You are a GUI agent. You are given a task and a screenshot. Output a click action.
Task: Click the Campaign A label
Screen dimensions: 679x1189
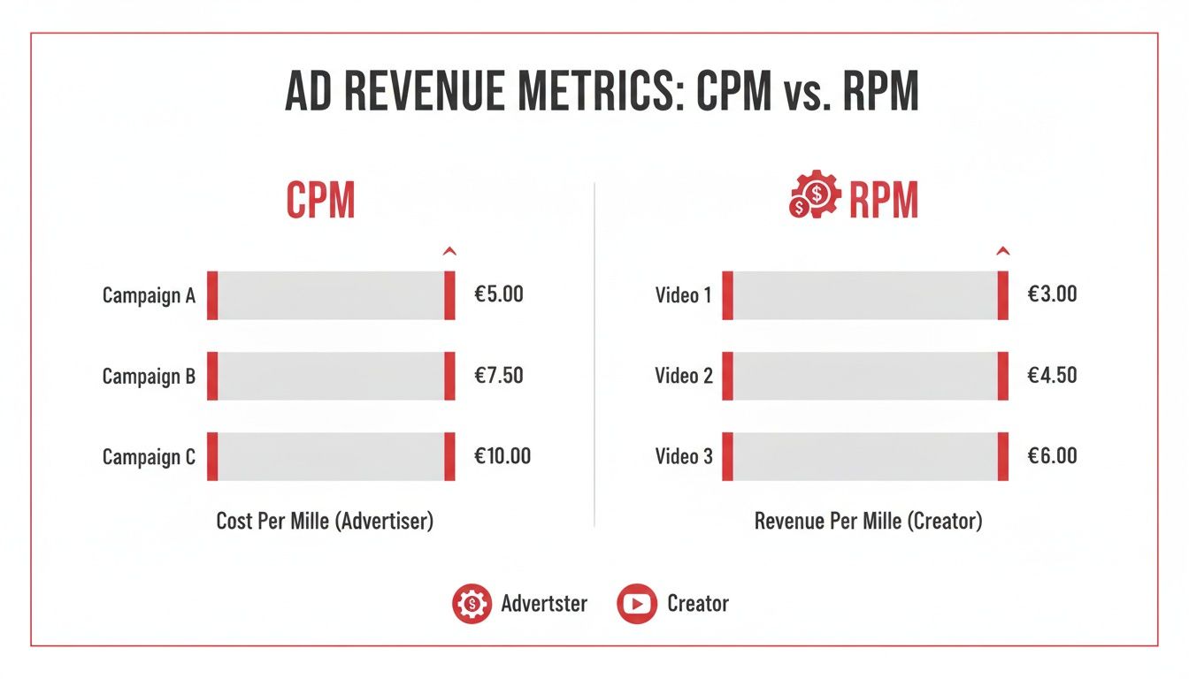pos(149,295)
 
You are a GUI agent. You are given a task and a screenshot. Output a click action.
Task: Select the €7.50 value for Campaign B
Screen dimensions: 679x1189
pos(499,376)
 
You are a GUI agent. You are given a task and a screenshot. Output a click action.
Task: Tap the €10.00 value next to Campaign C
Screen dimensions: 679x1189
pos(502,456)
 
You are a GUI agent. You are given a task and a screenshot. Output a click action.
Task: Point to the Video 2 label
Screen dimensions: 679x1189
pos(683,376)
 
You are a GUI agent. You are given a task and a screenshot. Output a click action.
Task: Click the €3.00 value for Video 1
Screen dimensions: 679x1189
pos(1052,294)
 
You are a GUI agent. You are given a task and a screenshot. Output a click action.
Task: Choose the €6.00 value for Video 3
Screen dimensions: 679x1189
pos(1052,456)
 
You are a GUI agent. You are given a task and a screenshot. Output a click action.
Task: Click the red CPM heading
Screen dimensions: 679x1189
pos(320,202)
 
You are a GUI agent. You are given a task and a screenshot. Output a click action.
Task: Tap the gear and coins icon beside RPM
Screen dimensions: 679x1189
pos(813,196)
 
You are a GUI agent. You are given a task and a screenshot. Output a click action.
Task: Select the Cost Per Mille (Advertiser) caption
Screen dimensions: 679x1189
pos(325,521)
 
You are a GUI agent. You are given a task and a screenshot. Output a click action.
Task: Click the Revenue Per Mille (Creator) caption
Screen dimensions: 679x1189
pos(868,521)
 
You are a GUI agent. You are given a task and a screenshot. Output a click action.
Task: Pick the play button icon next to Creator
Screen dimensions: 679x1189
pos(637,604)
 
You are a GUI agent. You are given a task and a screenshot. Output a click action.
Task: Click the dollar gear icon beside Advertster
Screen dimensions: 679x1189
pos(472,604)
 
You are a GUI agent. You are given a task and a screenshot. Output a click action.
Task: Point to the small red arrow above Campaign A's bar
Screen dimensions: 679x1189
pos(449,253)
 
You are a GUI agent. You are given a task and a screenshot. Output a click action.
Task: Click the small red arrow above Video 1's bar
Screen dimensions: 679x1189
pos(1002,253)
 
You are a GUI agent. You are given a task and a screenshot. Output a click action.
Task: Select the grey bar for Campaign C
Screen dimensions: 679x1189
pos(331,456)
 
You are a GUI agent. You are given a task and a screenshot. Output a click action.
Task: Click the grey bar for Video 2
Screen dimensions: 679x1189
pos(865,376)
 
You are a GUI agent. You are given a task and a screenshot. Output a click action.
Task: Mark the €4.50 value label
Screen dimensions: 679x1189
pos(1052,376)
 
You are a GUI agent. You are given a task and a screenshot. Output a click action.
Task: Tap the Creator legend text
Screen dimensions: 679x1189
pos(698,604)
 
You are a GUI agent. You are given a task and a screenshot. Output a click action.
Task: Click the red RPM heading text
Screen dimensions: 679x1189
pos(883,202)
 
